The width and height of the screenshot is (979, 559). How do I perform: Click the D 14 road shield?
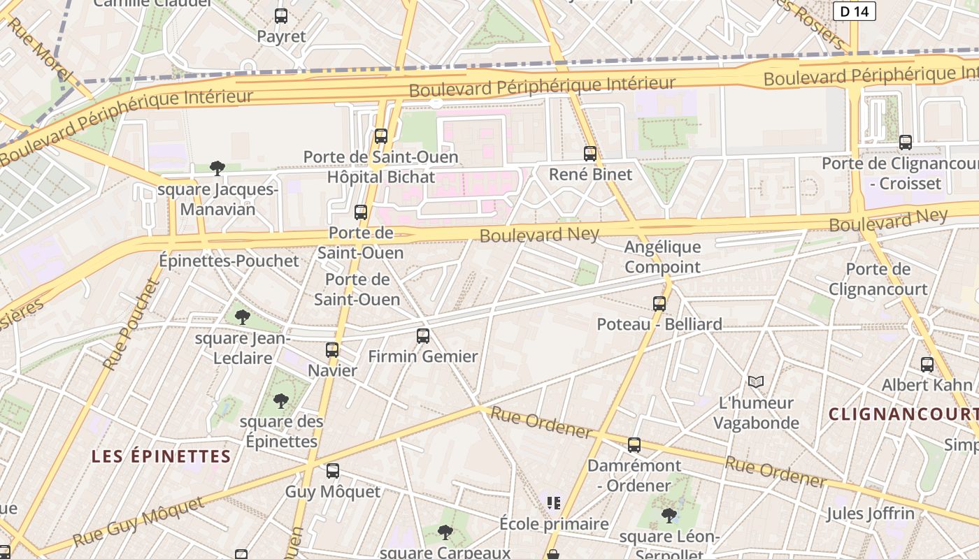pos(855,11)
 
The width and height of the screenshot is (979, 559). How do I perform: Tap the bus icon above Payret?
pos(281,16)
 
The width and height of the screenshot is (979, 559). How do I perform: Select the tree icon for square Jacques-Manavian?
pos(217,168)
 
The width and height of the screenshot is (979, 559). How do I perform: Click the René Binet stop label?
pos(590,175)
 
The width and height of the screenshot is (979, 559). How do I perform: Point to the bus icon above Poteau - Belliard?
pos(659,303)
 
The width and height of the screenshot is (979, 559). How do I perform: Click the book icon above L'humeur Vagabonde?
pos(756,382)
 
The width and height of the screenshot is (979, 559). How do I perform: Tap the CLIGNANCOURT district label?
pos(903,414)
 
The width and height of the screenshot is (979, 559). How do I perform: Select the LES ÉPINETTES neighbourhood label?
pos(161,457)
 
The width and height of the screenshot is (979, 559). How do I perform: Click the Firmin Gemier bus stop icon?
pos(423,336)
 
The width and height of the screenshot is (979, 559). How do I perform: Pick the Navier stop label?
pos(333,371)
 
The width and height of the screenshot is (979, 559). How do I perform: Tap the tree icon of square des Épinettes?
pos(281,400)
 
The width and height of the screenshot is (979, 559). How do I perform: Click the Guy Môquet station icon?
pos(333,471)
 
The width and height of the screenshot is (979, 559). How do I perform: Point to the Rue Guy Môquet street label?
pos(140,522)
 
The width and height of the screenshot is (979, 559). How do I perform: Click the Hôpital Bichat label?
pos(381,177)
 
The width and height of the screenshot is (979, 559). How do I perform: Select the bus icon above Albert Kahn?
pos(927,364)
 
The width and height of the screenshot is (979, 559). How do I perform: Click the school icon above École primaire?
pos(555,502)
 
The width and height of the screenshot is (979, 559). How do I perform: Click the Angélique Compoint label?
pos(662,257)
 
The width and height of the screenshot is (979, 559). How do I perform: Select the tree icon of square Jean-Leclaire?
pos(243,317)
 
